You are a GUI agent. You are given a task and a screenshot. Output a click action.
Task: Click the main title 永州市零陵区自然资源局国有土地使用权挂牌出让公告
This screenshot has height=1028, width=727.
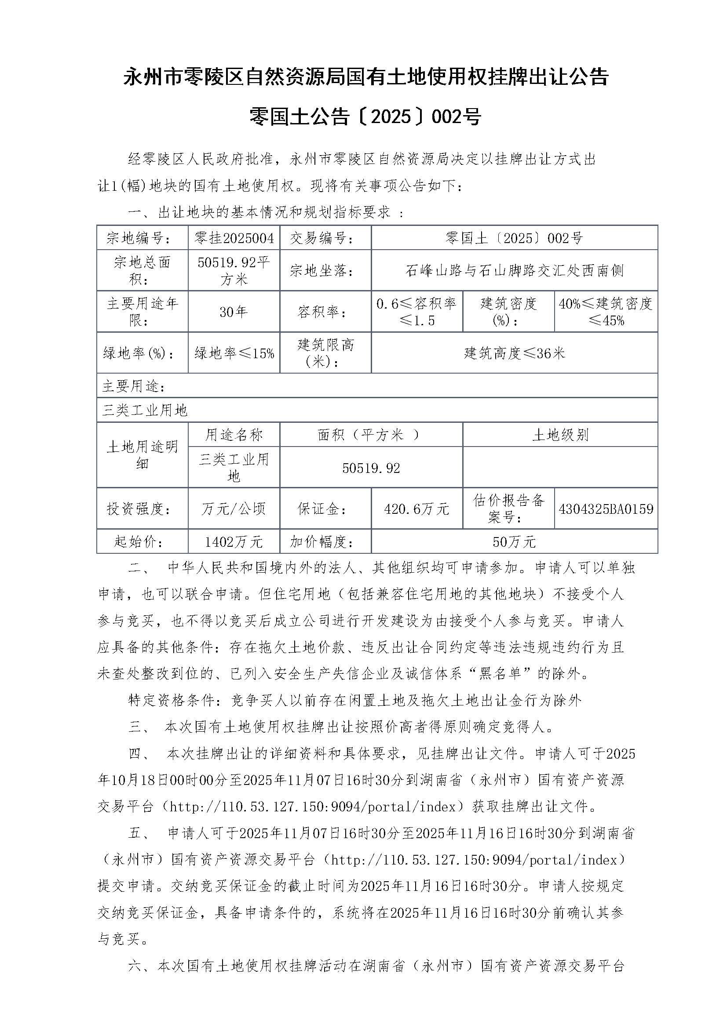(366, 77)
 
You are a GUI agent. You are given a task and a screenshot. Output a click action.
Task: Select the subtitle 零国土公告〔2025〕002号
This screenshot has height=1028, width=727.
(365, 116)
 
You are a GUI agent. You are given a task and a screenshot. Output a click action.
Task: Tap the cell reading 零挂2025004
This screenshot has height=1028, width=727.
(234, 238)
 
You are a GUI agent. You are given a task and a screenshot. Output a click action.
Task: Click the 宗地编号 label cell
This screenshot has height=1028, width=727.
(142, 238)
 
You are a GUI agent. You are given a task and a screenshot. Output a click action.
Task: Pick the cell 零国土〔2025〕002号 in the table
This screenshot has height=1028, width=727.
(514, 238)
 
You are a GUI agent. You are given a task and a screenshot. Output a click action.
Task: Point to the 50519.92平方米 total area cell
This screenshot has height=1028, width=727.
(234, 270)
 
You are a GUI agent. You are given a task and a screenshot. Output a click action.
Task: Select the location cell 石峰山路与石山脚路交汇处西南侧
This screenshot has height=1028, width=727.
(514, 270)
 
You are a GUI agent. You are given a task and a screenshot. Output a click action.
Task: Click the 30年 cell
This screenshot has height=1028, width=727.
(234, 312)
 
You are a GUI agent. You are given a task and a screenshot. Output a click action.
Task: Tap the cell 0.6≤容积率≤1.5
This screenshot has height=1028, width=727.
(416, 312)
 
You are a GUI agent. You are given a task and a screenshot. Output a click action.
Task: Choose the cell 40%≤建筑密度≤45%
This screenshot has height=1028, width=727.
(606, 312)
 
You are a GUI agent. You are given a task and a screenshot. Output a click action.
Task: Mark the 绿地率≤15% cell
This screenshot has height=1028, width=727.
(234, 353)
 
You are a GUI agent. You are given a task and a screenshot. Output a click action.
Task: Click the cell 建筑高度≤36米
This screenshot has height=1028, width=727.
(514, 353)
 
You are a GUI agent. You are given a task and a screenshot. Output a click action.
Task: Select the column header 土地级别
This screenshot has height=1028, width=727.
(560, 435)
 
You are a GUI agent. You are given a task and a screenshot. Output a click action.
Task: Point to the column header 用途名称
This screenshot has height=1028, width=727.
(234, 435)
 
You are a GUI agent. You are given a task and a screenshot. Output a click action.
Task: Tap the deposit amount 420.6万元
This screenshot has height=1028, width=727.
(416, 509)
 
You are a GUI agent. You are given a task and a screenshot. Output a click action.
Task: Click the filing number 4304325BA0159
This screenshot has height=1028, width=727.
(606, 509)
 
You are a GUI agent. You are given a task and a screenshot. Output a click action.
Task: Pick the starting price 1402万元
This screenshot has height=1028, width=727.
(234, 542)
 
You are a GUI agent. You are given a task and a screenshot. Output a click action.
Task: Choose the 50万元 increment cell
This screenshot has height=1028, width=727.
(514, 542)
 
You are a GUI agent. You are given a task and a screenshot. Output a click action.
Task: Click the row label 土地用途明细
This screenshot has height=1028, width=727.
(142, 455)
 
